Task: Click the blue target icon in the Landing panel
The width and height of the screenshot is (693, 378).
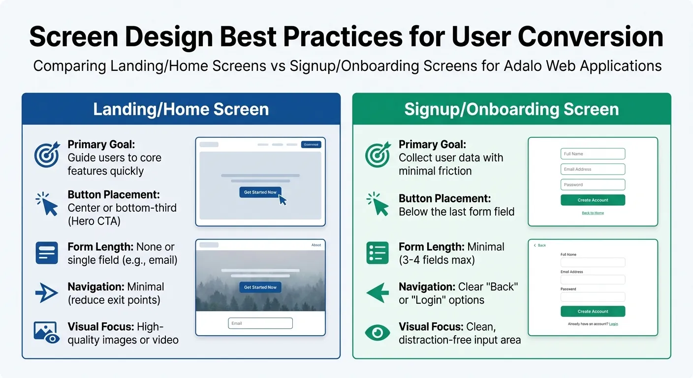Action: pyautogui.click(x=47, y=155)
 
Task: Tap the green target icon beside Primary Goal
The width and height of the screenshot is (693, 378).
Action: pyautogui.click(x=378, y=155)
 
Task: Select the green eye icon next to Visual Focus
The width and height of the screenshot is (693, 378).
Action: pyautogui.click(x=378, y=333)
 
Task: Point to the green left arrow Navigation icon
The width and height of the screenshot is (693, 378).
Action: pyautogui.click(x=378, y=293)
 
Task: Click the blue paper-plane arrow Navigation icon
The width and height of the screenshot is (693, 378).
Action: pyautogui.click(x=47, y=293)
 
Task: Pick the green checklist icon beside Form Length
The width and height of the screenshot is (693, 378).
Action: pyautogui.click(x=378, y=252)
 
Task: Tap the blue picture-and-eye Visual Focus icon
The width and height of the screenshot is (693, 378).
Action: pyautogui.click(x=47, y=332)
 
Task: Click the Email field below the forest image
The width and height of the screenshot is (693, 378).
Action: pyautogui.click(x=260, y=323)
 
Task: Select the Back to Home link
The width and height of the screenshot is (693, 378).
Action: pyautogui.click(x=593, y=213)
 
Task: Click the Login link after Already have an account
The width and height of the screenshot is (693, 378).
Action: pyautogui.click(x=613, y=324)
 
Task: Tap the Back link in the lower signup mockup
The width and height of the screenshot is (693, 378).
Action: pyautogui.click(x=540, y=245)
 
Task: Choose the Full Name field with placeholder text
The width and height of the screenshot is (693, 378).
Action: pyautogui.click(x=593, y=154)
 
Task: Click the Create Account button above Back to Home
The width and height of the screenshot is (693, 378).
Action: pyautogui.click(x=593, y=200)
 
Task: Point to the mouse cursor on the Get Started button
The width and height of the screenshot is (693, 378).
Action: pyautogui.click(x=283, y=200)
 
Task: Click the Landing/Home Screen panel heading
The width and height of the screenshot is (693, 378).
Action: pyautogui.click(x=181, y=109)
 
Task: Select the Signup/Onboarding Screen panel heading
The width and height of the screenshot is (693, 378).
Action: pyautogui.click(x=511, y=109)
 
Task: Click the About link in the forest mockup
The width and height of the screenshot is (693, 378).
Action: pyautogui.click(x=316, y=245)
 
